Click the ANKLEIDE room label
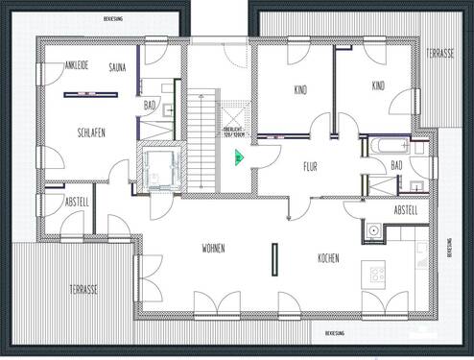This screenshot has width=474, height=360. point(77,65)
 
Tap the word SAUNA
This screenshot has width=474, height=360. point(119,67)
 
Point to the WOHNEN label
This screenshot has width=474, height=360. point(213,249)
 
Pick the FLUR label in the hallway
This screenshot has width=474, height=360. point(310,166)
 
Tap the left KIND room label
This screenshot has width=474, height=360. point(300,89)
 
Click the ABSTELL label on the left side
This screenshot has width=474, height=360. point(77,202)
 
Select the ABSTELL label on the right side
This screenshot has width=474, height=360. point(405,210)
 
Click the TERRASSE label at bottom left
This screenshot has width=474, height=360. point(89,288)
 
